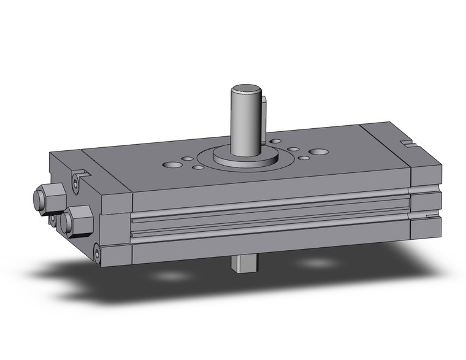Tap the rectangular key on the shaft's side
[x=264, y=117]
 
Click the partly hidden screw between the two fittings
[x=53, y=218]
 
